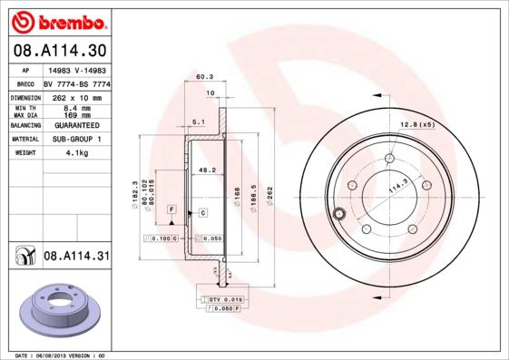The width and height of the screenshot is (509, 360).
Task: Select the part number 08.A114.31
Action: coord(75,257)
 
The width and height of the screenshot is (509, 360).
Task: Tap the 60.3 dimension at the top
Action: coord(205,77)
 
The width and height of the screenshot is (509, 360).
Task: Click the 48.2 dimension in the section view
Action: coord(207,170)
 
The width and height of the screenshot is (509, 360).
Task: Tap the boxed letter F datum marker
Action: coord(170,209)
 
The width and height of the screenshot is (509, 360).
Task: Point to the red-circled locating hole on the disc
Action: coord(339,215)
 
